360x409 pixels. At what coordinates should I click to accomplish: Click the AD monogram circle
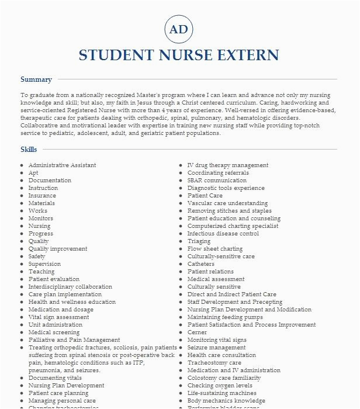[x=179, y=29]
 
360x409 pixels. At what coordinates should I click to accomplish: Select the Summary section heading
[x=36, y=79]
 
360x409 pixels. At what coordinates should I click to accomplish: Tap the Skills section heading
[x=29, y=150]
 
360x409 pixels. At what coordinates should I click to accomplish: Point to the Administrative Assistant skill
[x=62, y=165]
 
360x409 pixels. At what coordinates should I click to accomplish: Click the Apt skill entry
[x=33, y=173]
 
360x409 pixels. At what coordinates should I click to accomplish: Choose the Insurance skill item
[x=42, y=196]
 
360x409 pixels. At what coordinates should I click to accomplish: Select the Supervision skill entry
[x=44, y=264]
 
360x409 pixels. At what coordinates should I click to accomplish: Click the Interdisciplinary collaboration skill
[x=70, y=287]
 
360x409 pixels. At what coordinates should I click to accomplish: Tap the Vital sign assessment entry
[x=58, y=317]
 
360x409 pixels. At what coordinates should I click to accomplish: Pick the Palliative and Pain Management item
[x=74, y=340]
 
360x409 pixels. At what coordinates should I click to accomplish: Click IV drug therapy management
[x=228, y=165]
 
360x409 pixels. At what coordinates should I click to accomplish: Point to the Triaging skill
[x=199, y=241]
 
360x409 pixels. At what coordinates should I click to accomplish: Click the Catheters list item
[x=201, y=264]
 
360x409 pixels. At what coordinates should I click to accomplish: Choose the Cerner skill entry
[x=197, y=332]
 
